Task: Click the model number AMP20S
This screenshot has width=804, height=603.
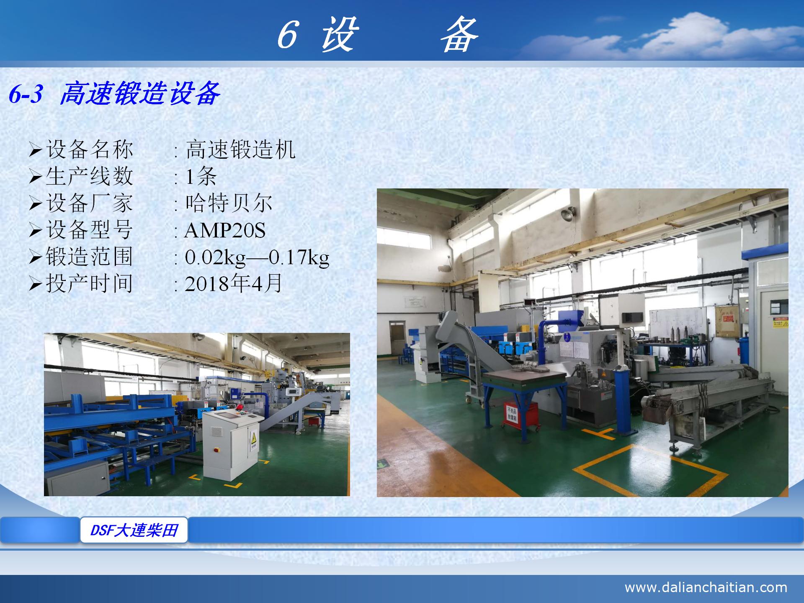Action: point(225,230)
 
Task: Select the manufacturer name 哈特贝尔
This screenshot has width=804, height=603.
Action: point(229,204)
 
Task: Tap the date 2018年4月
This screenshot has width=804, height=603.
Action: point(233,284)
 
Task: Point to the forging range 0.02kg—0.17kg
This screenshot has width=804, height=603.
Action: point(257,257)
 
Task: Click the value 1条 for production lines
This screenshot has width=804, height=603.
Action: point(201,176)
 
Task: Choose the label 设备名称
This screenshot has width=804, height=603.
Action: point(89,149)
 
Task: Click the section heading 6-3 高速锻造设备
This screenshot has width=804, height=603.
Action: point(114,93)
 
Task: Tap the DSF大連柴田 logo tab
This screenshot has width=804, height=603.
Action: point(134,530)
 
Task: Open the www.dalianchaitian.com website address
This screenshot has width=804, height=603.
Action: point(706,587)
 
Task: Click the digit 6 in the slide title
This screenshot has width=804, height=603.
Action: point(288,35)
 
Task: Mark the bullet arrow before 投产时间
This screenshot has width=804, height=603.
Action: point(36,284)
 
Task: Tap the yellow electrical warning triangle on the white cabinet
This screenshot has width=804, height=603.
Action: point(253,438)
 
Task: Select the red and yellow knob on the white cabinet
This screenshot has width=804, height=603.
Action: point(216,450)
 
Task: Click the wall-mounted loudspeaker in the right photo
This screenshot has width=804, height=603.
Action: point(567,214)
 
